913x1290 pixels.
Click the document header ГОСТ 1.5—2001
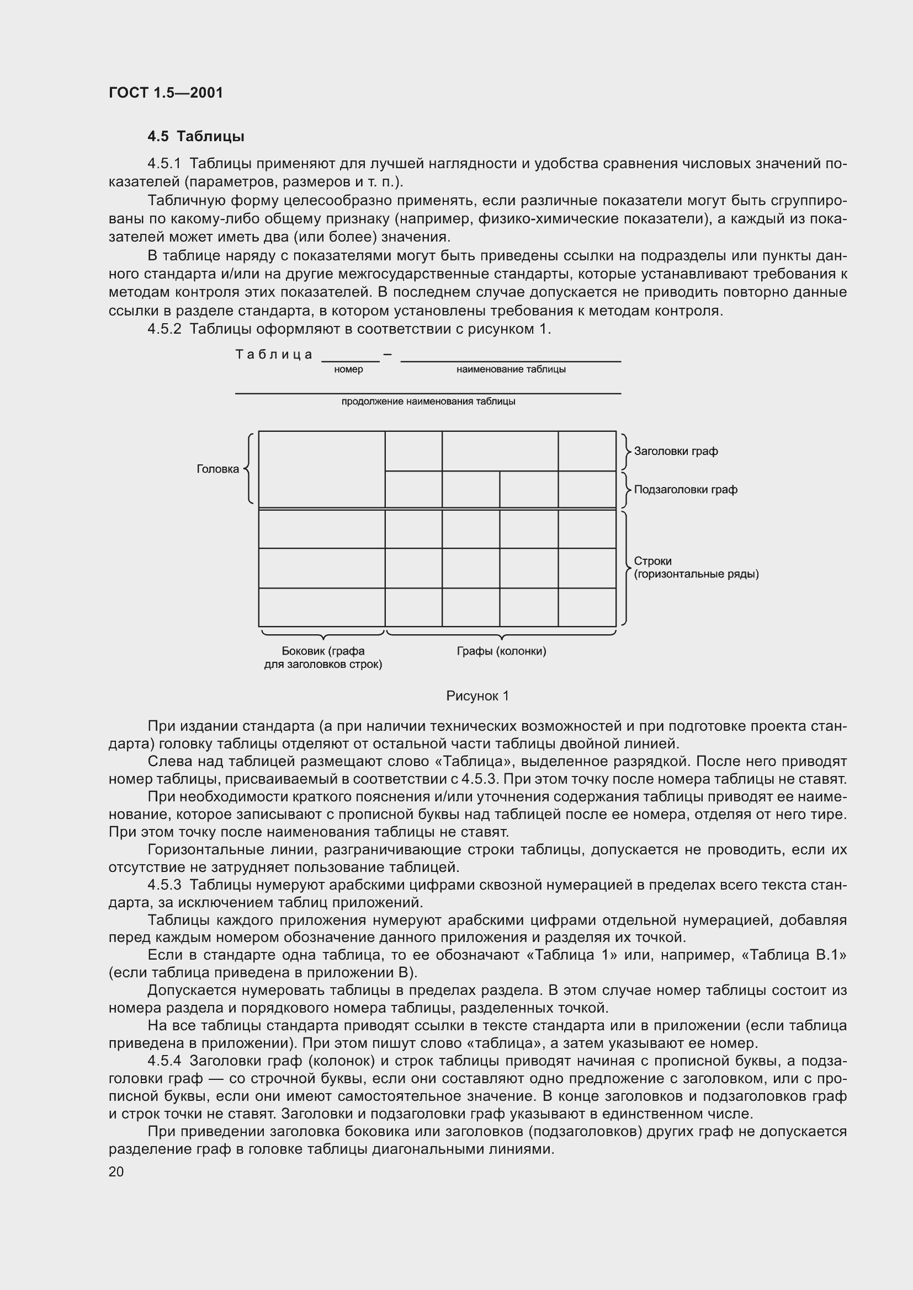point(166,93)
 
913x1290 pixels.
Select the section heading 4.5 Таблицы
point(195,137)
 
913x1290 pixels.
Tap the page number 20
point(116,1171)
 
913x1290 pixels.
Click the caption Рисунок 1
point(477,696)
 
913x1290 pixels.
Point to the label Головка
point(217,469)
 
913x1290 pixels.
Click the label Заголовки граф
point(676,451)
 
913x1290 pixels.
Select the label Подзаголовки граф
point(686,489)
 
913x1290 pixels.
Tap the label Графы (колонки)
point(501,651)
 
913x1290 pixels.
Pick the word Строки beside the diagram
point(652,561)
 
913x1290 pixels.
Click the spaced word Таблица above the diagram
point(274,355)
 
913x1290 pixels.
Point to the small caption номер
point(348,370)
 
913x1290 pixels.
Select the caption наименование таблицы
point(511,370)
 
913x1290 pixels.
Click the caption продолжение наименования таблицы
point(428,402)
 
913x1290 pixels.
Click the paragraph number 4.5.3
point(164,885)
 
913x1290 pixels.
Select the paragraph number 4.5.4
point(164,1061)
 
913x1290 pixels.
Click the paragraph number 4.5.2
point(164,329)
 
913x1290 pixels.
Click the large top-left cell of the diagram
point(322,469)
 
